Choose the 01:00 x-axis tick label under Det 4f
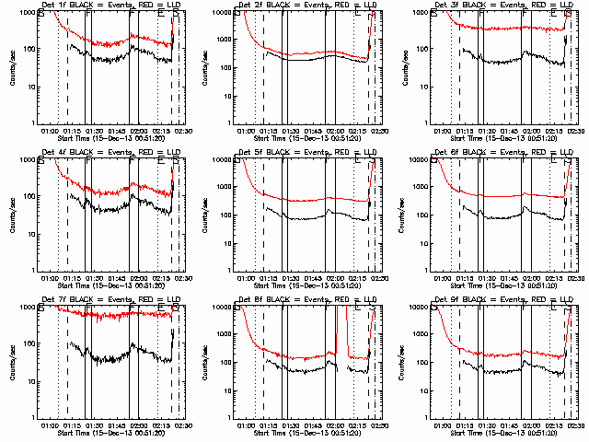coord(50,278)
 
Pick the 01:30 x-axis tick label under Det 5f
coord(290,278)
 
